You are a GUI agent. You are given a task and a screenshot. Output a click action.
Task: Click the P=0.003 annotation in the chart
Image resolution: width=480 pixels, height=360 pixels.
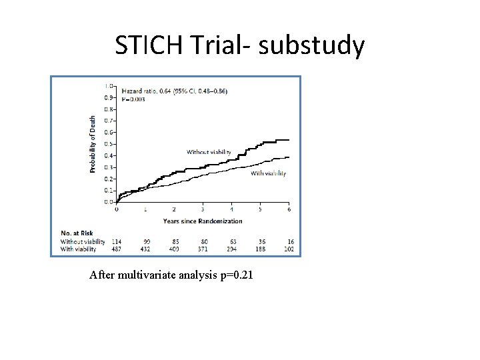tap(133, 99)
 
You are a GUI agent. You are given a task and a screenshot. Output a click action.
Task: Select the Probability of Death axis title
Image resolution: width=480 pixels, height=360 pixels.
tap(93, 144)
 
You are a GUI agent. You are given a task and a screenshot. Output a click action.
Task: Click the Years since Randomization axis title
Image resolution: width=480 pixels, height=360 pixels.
tap(203, 221)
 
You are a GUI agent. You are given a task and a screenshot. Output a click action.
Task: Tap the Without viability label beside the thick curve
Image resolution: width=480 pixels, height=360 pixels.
tap(209, 152)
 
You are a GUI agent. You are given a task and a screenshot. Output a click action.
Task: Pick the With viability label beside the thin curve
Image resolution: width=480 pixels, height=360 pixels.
tap(268, 173)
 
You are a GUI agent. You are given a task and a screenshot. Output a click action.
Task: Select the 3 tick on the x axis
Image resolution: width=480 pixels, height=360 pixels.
tap(203, 209)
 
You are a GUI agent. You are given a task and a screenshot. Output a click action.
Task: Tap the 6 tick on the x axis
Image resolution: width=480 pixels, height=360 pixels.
tap(289, 209)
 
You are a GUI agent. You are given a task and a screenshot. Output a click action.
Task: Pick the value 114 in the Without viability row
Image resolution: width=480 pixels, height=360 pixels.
tap(117, 241)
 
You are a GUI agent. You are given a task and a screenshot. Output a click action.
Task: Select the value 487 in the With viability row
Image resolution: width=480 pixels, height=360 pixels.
tap(117, 249)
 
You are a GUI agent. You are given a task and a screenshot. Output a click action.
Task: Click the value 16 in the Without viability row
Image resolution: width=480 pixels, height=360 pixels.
tap(290, 241)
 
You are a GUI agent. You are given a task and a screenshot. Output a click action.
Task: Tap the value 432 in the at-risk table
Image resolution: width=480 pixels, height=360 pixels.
tap(145, 249)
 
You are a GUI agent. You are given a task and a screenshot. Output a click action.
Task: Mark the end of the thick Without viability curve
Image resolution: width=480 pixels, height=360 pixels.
tap(288, 140)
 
